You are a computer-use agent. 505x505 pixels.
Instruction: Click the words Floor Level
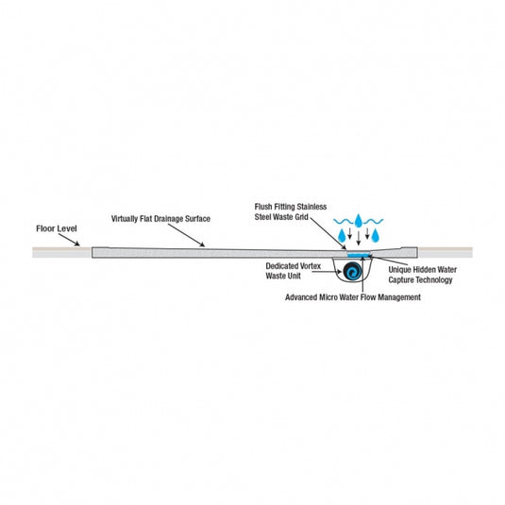point(57,228)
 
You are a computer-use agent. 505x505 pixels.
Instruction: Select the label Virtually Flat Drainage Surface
point(160,219)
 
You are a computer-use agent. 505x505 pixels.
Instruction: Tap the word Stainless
point(311,207)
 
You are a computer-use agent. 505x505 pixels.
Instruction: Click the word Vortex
point(310,266)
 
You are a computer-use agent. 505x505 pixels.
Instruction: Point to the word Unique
point(399,270)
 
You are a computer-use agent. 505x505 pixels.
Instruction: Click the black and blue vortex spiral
point(352,271)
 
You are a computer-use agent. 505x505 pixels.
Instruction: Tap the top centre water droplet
point(359,221)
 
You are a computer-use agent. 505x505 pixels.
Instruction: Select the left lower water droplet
point(342,235)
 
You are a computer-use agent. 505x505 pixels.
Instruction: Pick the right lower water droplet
point(375,235)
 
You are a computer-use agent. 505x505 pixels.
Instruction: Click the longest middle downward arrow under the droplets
point(359,238)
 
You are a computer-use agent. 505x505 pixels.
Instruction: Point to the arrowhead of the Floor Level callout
point(77,244)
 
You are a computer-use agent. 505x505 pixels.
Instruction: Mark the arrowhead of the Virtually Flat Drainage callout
point(202,244)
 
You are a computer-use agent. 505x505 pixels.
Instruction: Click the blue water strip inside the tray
point(359,255)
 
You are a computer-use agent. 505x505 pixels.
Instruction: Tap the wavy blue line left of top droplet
point(344,221)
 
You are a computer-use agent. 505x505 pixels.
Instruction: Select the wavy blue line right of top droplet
point(373,221)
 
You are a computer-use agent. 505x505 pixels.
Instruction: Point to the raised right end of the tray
point(409,252)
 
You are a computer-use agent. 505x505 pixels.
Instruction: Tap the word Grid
point(302,217)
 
